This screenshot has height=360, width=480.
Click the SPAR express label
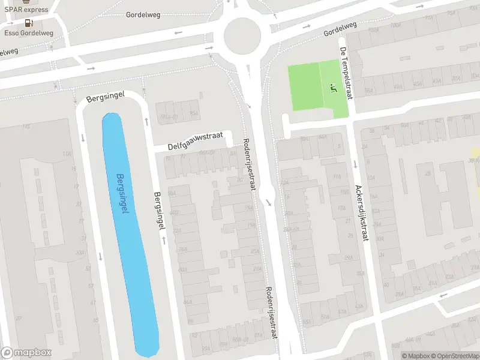pos(27,9)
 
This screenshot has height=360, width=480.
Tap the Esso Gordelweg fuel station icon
pos(28,22)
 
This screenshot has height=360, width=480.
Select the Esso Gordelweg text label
pos(29,33)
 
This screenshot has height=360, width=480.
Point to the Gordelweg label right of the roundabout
pos(340,28)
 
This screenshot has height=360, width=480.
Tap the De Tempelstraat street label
pos(346,73)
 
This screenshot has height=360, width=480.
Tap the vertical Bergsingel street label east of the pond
pos(160,211)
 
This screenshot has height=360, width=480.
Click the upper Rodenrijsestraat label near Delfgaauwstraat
pos(249,164)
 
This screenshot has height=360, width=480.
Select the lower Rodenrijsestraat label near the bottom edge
pos(269,312)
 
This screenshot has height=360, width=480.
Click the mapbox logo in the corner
pos(26,352)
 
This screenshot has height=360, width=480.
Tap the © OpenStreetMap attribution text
pos(454,356)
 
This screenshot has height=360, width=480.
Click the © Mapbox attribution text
pos(415,356)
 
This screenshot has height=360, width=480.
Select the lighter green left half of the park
pos(304,87)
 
